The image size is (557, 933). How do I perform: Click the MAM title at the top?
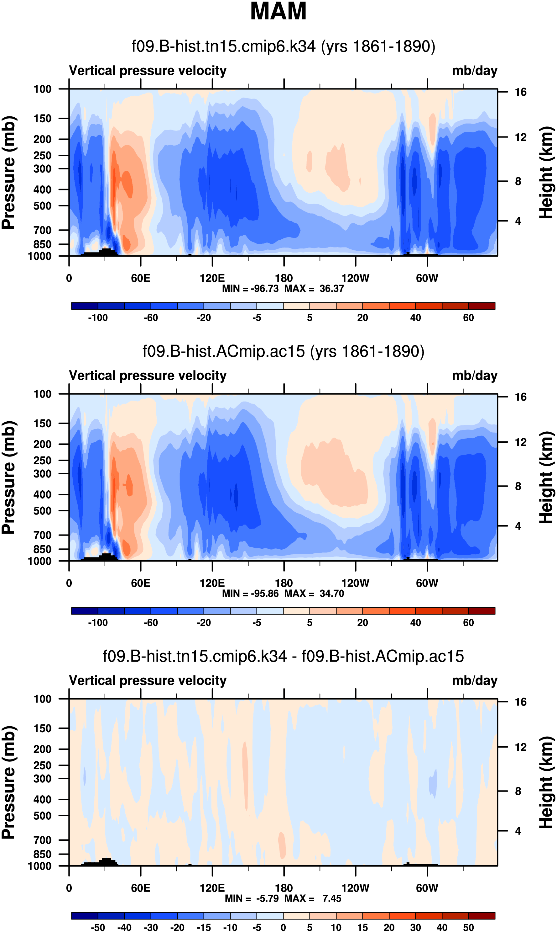[x=278, y=11]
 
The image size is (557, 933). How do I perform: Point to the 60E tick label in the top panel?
[x=140, y=279]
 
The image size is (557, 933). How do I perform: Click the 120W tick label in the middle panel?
[x=355, y=583]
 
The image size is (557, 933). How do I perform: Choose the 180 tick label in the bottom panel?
[x=284, y=888]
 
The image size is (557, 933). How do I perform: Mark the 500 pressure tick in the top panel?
[x=42, y=206]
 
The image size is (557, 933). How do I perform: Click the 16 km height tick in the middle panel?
[x=520, y=397]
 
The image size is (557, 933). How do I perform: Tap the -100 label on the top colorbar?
[x=98, y=318]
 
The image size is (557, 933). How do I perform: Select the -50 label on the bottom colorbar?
[x=98, y=927]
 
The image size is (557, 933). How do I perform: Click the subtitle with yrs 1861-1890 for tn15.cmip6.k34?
[x=284, y=46]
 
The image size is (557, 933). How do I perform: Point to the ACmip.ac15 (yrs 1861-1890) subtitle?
[x=284, y=351]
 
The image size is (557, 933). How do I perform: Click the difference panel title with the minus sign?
[x=284, y=656]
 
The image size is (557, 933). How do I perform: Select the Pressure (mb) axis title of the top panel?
[x=8, y=173]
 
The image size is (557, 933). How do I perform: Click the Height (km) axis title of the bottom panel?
[x=546, y=782]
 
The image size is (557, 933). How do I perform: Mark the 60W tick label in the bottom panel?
[x=427, y=888]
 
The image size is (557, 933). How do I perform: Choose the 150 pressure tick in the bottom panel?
[x=42, y=728]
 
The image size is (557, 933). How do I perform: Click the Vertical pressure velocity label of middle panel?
[x=148, y=376]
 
